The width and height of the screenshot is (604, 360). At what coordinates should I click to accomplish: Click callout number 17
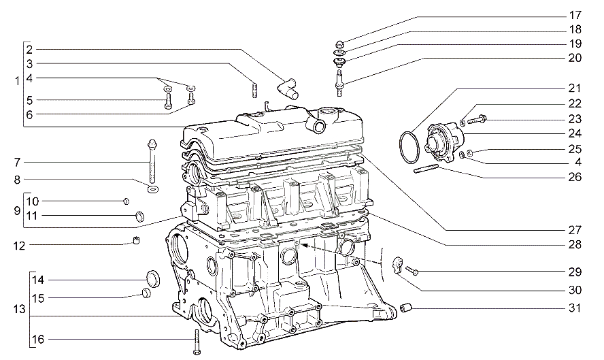click(x=575, y=16)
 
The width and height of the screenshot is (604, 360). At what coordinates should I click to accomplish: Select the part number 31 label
click(x=575, y=308)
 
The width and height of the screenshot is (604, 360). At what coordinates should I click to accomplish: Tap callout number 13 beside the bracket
click(x=19, y=309)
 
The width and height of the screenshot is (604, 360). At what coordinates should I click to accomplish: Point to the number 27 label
click(x=575, y=230)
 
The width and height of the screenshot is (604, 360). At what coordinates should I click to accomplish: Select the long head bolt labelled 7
click(x=152, y=161)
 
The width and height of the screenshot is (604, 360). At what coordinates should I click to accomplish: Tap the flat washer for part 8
click(x=153, y=189)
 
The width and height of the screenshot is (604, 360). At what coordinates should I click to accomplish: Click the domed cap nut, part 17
click(x=340, y=44)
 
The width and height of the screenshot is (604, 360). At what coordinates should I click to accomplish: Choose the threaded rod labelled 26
click(x=426, y=169)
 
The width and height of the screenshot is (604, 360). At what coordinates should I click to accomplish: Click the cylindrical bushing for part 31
click(x=406, y=308)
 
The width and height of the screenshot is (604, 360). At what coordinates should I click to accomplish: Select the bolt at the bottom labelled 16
click(x=197, y=342)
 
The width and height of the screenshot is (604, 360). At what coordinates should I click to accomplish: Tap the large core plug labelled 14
click(x=153, y=279)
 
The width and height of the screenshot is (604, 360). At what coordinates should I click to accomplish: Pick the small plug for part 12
click(x=136, y=240)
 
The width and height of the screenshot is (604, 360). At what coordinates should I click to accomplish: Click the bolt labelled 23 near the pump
click(x=477, y=119)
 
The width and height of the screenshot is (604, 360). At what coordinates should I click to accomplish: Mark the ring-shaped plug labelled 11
click(x=139, y=216)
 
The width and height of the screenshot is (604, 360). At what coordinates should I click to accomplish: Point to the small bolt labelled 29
click(x=412, y=271)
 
